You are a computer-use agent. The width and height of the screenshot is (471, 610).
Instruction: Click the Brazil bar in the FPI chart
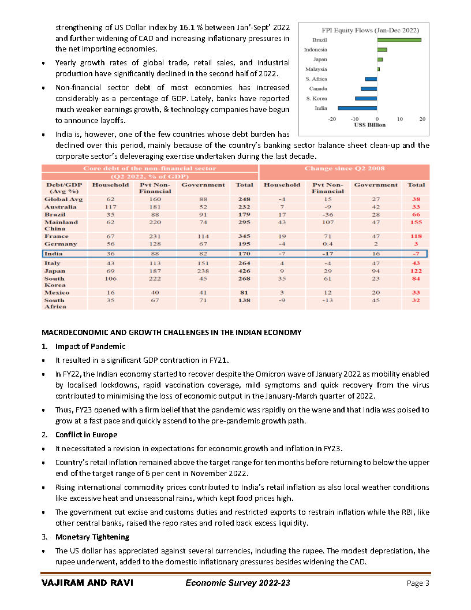coord(399,40)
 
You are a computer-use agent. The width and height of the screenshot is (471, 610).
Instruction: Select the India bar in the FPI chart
coord(357,108)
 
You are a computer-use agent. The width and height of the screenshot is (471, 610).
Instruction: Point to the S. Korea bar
coord(366,98)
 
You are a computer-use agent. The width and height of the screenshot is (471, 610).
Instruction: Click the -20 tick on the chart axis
coord(332,118)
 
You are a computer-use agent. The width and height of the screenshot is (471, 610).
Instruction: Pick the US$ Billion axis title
coord(369,125)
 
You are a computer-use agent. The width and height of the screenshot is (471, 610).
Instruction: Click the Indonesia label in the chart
coord(316,50)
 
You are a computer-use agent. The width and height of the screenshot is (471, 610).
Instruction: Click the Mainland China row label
coord(61,225)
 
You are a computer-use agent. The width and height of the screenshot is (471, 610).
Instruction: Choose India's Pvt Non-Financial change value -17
coord(327,254)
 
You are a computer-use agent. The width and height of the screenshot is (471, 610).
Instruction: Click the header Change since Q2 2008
coord(344,168)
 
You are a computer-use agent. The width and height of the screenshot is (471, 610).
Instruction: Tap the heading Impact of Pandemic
coord(90,346)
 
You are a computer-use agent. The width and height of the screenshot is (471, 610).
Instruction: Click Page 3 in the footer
coord(418,583)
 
